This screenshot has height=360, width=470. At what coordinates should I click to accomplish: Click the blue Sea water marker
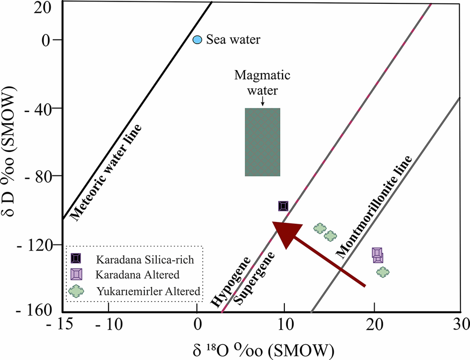click(197, 40)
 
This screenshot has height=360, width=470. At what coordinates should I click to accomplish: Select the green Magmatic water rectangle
click(262, 142)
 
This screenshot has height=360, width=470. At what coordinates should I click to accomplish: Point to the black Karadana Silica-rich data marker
click(283, 206)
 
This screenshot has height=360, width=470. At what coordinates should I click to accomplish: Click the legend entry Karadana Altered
click(138, 275)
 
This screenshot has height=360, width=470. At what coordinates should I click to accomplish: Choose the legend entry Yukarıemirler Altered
click(148, 290)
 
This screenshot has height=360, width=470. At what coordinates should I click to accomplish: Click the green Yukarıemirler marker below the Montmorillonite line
click(383, 272)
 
